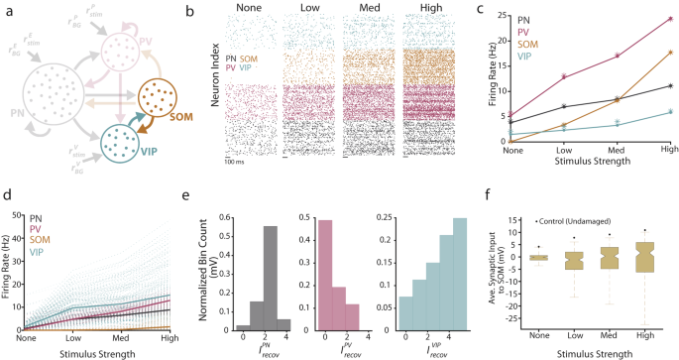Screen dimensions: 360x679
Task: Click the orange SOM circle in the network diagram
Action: point(161,99)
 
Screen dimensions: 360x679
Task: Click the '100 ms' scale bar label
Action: point(239,161)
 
